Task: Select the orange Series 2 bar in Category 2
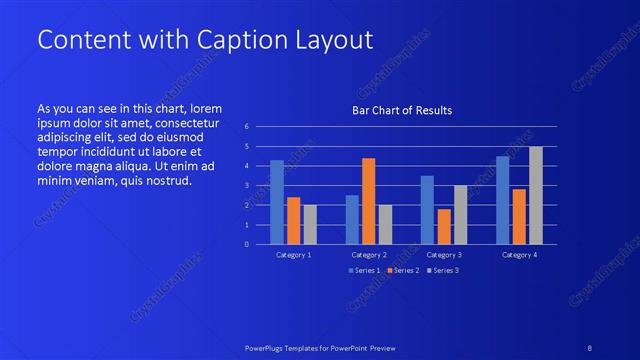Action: (368, 201)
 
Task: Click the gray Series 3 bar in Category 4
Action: (535, 195)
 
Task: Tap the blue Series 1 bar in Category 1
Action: (277, 202)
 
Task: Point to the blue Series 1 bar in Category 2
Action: (352, 219)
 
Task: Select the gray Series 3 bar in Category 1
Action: (310, 224)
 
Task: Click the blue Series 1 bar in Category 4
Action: (502, 200)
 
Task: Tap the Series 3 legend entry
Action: (443, 271)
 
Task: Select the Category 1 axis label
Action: (294, 255)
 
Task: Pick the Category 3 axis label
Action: (444, 255)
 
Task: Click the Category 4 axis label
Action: (519, 255)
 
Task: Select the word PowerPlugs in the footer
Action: (268, 346)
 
